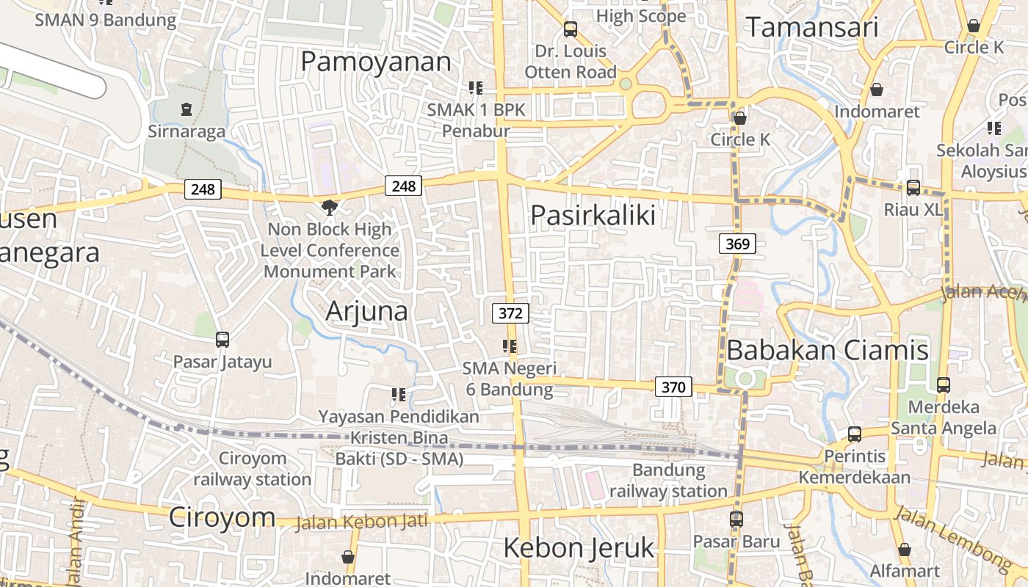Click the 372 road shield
pyautogui.click(x=510, y=313)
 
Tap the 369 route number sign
pyautogui.click(x=737, y=244)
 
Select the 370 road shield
pyautogui.click(x=673, y=387)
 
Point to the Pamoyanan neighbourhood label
pyautogui.click(x=376, y=62)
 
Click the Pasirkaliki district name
pyautogui.click(x=593, y=215)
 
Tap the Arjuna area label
pyautogui.click(x=366, y=311)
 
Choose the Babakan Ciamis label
pyautogui.click(x=828, y=350)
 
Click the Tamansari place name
pyautogui.click(x=812, y=27)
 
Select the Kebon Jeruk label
pyautogui.click(x=579, y=547)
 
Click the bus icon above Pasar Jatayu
pyautogui.click(x=222, y=340)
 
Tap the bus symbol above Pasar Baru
pyautogui.click(x=736, y=519)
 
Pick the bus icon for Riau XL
pyautogui.click(x=913, y=188)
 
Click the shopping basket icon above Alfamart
pyautogui.click(x=905, y=549)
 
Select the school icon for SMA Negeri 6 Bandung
pyautogui.click(x=510, y=346)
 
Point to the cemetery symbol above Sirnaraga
pyautogui.click(x=186, y=110)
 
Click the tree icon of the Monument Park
pyautogui.click(x=330, y=208)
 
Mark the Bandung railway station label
pyautogui.click(x=668, y=480)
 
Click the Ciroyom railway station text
pyautogui.click(x=253, y=469)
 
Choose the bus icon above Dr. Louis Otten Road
pyautogui.click(x=570, y=29)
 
